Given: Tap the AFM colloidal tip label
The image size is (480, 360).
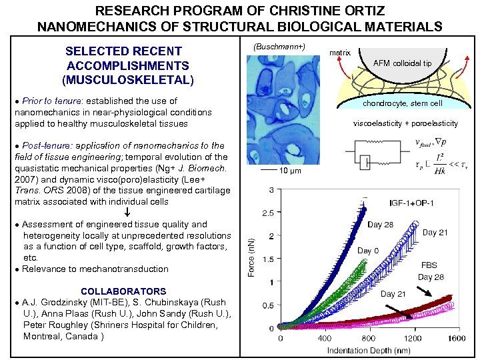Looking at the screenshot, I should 403,63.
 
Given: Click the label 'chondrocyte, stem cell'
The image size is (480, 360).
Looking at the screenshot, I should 403,103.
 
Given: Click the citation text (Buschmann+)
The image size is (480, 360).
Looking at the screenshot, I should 279,47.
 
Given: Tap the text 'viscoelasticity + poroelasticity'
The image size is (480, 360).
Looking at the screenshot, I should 405,123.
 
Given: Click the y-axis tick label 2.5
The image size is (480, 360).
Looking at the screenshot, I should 268,213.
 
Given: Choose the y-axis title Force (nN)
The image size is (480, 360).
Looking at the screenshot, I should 252,259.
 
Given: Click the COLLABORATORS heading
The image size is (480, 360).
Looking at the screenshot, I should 123,291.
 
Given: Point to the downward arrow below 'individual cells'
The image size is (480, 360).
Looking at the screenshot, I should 127,213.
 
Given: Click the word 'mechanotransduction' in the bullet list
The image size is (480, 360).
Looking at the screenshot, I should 124,269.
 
